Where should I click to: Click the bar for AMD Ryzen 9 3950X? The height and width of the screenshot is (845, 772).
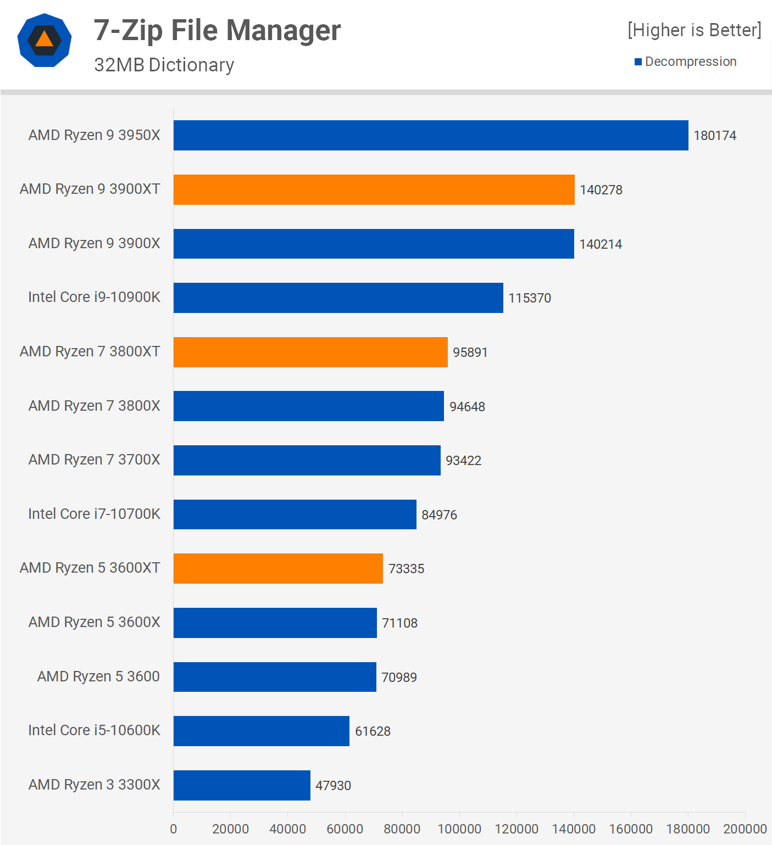pos(431,135)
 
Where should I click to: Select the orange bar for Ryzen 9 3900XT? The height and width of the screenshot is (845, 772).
pos(374,189)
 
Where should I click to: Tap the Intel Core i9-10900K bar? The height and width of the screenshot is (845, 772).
pos(338,298)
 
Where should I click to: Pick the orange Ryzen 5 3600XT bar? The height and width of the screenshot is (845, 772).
pos(278,568)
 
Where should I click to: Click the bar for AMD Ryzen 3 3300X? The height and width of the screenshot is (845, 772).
pos(242,785)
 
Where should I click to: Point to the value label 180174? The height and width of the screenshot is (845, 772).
pos(714,136)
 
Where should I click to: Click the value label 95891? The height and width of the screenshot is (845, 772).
pos(470,352)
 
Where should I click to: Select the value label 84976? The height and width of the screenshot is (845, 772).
pos(439,515)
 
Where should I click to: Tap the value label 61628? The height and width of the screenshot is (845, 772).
pos(373,731)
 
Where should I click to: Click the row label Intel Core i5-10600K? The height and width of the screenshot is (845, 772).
pos(94,730)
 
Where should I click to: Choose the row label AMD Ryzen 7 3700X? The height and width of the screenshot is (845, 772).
pos(94,460)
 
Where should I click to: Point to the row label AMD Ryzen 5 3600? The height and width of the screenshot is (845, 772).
pos(98,676)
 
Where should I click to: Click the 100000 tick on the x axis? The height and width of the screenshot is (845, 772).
pos(459,829)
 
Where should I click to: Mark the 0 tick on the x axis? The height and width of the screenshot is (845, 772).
pos(174,829)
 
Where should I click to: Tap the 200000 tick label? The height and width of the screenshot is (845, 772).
pos(745,829)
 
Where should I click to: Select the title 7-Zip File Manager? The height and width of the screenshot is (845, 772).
pos(217,30)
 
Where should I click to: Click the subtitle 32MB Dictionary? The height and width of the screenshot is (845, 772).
pos(164,65)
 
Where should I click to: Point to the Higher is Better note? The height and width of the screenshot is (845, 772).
pos(695,30)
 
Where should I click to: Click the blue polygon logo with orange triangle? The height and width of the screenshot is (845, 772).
pos(45,40)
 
